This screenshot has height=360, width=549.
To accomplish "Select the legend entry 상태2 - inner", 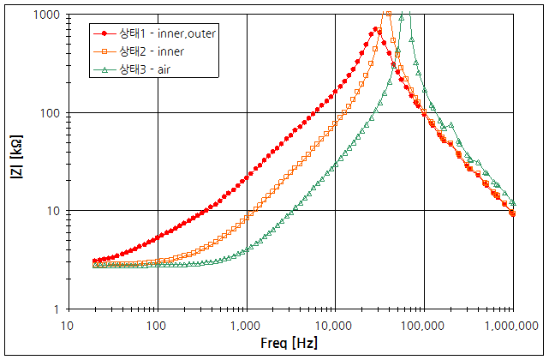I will [x=151, y=51].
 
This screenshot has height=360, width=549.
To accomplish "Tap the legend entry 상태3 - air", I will [x=146, y=69].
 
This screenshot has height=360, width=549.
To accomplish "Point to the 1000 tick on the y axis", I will [x=44, y=15].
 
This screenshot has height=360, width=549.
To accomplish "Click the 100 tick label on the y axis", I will [x=47, y=113].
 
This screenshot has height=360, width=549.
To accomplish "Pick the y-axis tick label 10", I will [x=51, y=211].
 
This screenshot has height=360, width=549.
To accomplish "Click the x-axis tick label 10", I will [x=68, y=326].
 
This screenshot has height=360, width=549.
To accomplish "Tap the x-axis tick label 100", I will [x=157, y=326].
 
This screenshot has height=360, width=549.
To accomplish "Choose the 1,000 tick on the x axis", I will [x=246, y=326].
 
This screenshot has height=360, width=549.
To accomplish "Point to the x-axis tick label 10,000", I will [x=335, y=326].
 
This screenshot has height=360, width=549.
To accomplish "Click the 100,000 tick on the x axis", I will [x=423, y=326].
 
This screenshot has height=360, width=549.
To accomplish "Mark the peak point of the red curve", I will [x=377, y=29].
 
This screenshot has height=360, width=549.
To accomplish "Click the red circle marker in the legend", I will [x=104, y=34].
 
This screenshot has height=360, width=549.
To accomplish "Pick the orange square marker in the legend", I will [x=104, y=51].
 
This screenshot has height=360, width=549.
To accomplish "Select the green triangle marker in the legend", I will [x=104, y=69].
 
